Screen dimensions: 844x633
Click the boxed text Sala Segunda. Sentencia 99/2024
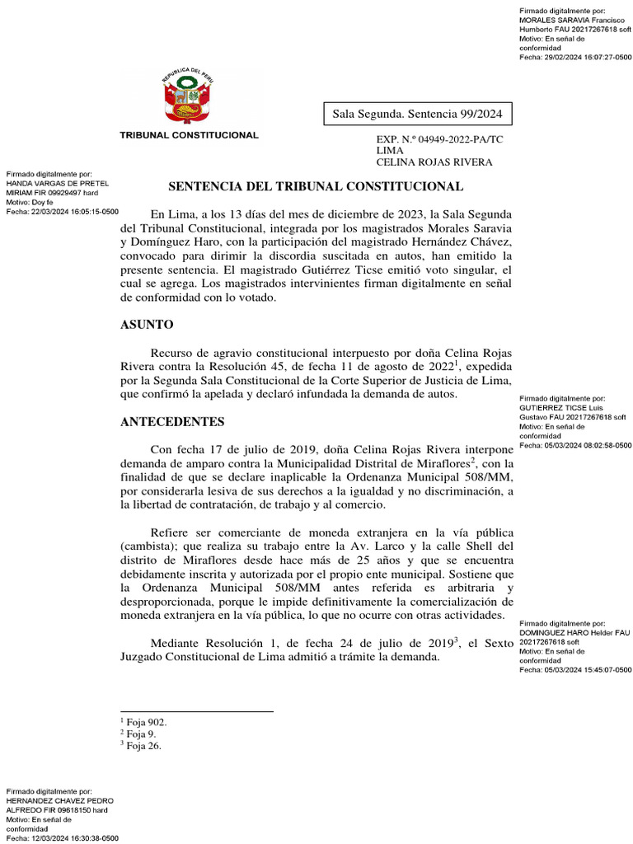point(417,113)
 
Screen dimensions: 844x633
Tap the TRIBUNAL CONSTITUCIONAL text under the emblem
point(190,135)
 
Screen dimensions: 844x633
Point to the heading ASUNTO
point(147,325)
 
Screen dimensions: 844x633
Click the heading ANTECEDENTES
point(172,422)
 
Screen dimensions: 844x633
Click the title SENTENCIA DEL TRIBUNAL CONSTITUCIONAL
point(316,187)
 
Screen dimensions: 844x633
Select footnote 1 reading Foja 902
point(144,721)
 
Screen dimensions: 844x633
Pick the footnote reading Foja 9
point(139,734)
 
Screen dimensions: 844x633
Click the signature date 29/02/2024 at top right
point(590,57)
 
